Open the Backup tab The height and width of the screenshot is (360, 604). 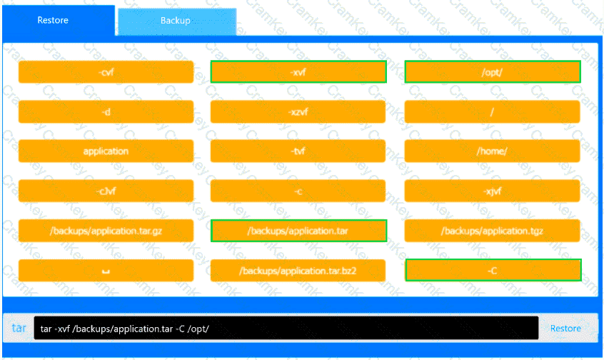click(x=177, y=21)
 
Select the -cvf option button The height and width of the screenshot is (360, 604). click(x=106, y=71)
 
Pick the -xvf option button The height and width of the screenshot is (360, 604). click(x=298, y=71)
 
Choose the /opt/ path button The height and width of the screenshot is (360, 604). click(x=493, y=71)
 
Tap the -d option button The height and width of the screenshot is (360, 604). click(x=106, y=111)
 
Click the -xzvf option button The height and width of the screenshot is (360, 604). click(x=298, y=111)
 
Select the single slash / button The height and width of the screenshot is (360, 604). click(x=492, y=111)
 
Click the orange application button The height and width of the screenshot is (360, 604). click(x=106, y=151)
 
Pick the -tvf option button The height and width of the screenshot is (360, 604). click(x=298, y=151)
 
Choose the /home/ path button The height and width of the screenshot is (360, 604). click(x=492, y=151)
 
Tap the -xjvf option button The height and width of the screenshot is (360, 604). click(x=492, y=191)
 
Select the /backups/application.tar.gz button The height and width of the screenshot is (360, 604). click(x=106, y=231)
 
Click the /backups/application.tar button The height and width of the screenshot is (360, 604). click(x=298, y=231)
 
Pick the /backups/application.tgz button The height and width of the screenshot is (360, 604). click(x=492, y=231)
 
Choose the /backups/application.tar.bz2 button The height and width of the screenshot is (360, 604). click(x=298, y=270)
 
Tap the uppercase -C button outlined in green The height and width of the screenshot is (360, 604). click(x=493, y=270)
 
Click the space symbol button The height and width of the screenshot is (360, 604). click(x=106, y=270)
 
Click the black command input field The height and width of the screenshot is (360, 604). click(x=286, y=328)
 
